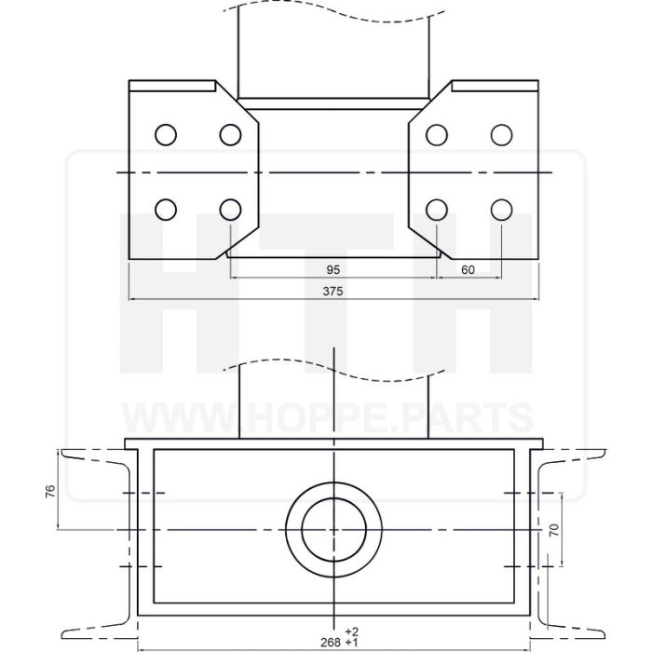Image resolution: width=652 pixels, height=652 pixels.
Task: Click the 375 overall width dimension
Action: pyautogui.click(x=333, y=292)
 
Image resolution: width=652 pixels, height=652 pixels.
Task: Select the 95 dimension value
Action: pyautogui.click(x=333, y=270)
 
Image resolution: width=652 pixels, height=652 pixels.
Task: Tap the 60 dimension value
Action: pyautogui.click(x=468, y=270)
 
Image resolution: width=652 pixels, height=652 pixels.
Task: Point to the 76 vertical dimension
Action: pyautogui.click(x=50, y=491)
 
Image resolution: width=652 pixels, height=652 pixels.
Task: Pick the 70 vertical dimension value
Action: pyautogui.click(x=554, y=529)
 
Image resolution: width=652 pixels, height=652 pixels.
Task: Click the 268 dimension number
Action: pyautogui.click(x=331, y=643)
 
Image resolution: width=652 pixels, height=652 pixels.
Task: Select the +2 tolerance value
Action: pyautogui.click(x=351, y=632)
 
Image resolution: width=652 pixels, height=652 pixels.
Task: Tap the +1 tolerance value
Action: pyautogui.click(x=351, y=643)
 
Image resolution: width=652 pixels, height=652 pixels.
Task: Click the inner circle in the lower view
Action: pyautogui.click(x=333, y=497)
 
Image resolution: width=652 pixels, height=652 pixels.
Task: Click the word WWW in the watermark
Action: pyautogui.click(x=180, y=418)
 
